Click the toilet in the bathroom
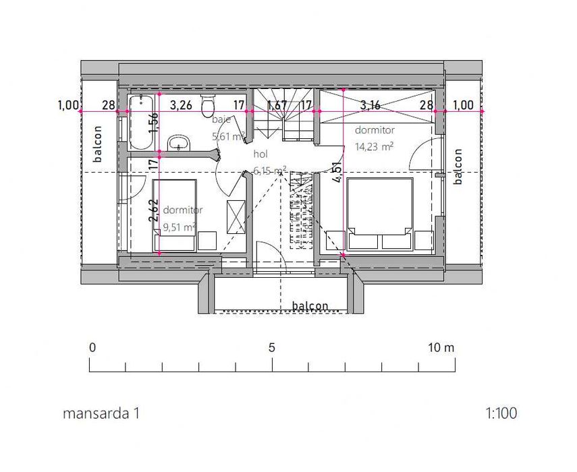tap(209, 105)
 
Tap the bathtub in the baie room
tap(140, 123)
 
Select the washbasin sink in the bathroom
tap(178, 143)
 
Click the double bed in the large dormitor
tap(379, 214)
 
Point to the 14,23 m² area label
tap(375, 147)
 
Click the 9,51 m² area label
tap(180, 227)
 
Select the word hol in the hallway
tap(260, 154)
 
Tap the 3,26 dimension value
tap(181, 105)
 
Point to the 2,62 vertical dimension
tap(153, 210)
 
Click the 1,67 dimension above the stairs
tap(277, 105)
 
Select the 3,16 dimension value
tap(370, 105)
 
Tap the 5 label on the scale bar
tap(271, 347)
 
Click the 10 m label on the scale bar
tap(441, 347)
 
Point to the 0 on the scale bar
tap(92, 347)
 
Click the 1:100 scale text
tap(501, 413)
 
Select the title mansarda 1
tap(101, 413)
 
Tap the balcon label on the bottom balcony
tap(310, 306)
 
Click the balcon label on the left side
tap(97, 144)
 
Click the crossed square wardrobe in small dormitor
tap(236, 217)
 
